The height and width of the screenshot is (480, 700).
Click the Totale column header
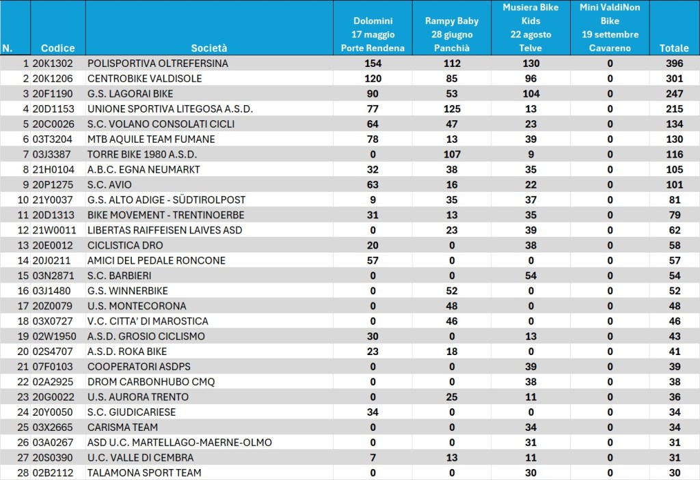(x=674, y=48)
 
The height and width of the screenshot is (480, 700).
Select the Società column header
(x=209, y=48)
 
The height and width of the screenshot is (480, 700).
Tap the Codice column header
(x=57, y=48)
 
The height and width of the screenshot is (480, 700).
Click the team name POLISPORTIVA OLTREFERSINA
(x=158, y=63)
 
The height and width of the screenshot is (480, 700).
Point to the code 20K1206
(x=52, y=79)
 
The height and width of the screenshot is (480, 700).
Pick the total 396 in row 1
(x=674, y=63)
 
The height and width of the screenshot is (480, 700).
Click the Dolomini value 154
(x=373, y=63)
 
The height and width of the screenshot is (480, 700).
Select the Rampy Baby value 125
(x=452, y=109)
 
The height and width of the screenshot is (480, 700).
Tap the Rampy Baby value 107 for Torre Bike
(x=452, y=154)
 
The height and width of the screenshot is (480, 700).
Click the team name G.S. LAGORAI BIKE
(x=130, y=94)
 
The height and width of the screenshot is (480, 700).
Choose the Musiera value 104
(x=530, y=94)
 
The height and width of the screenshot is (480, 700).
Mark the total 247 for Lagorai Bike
(x=674, y=94)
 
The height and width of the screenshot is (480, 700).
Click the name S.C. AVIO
(x=109, y=184)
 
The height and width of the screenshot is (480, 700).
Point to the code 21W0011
(x=54, y=230)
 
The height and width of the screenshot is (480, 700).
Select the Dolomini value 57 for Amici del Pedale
(x=373, y=261)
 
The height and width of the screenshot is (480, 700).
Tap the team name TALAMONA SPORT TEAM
(x=144, y=473)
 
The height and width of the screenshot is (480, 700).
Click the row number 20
(x=23, y=352)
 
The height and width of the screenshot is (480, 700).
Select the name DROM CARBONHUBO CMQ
(x=151, y=382)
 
